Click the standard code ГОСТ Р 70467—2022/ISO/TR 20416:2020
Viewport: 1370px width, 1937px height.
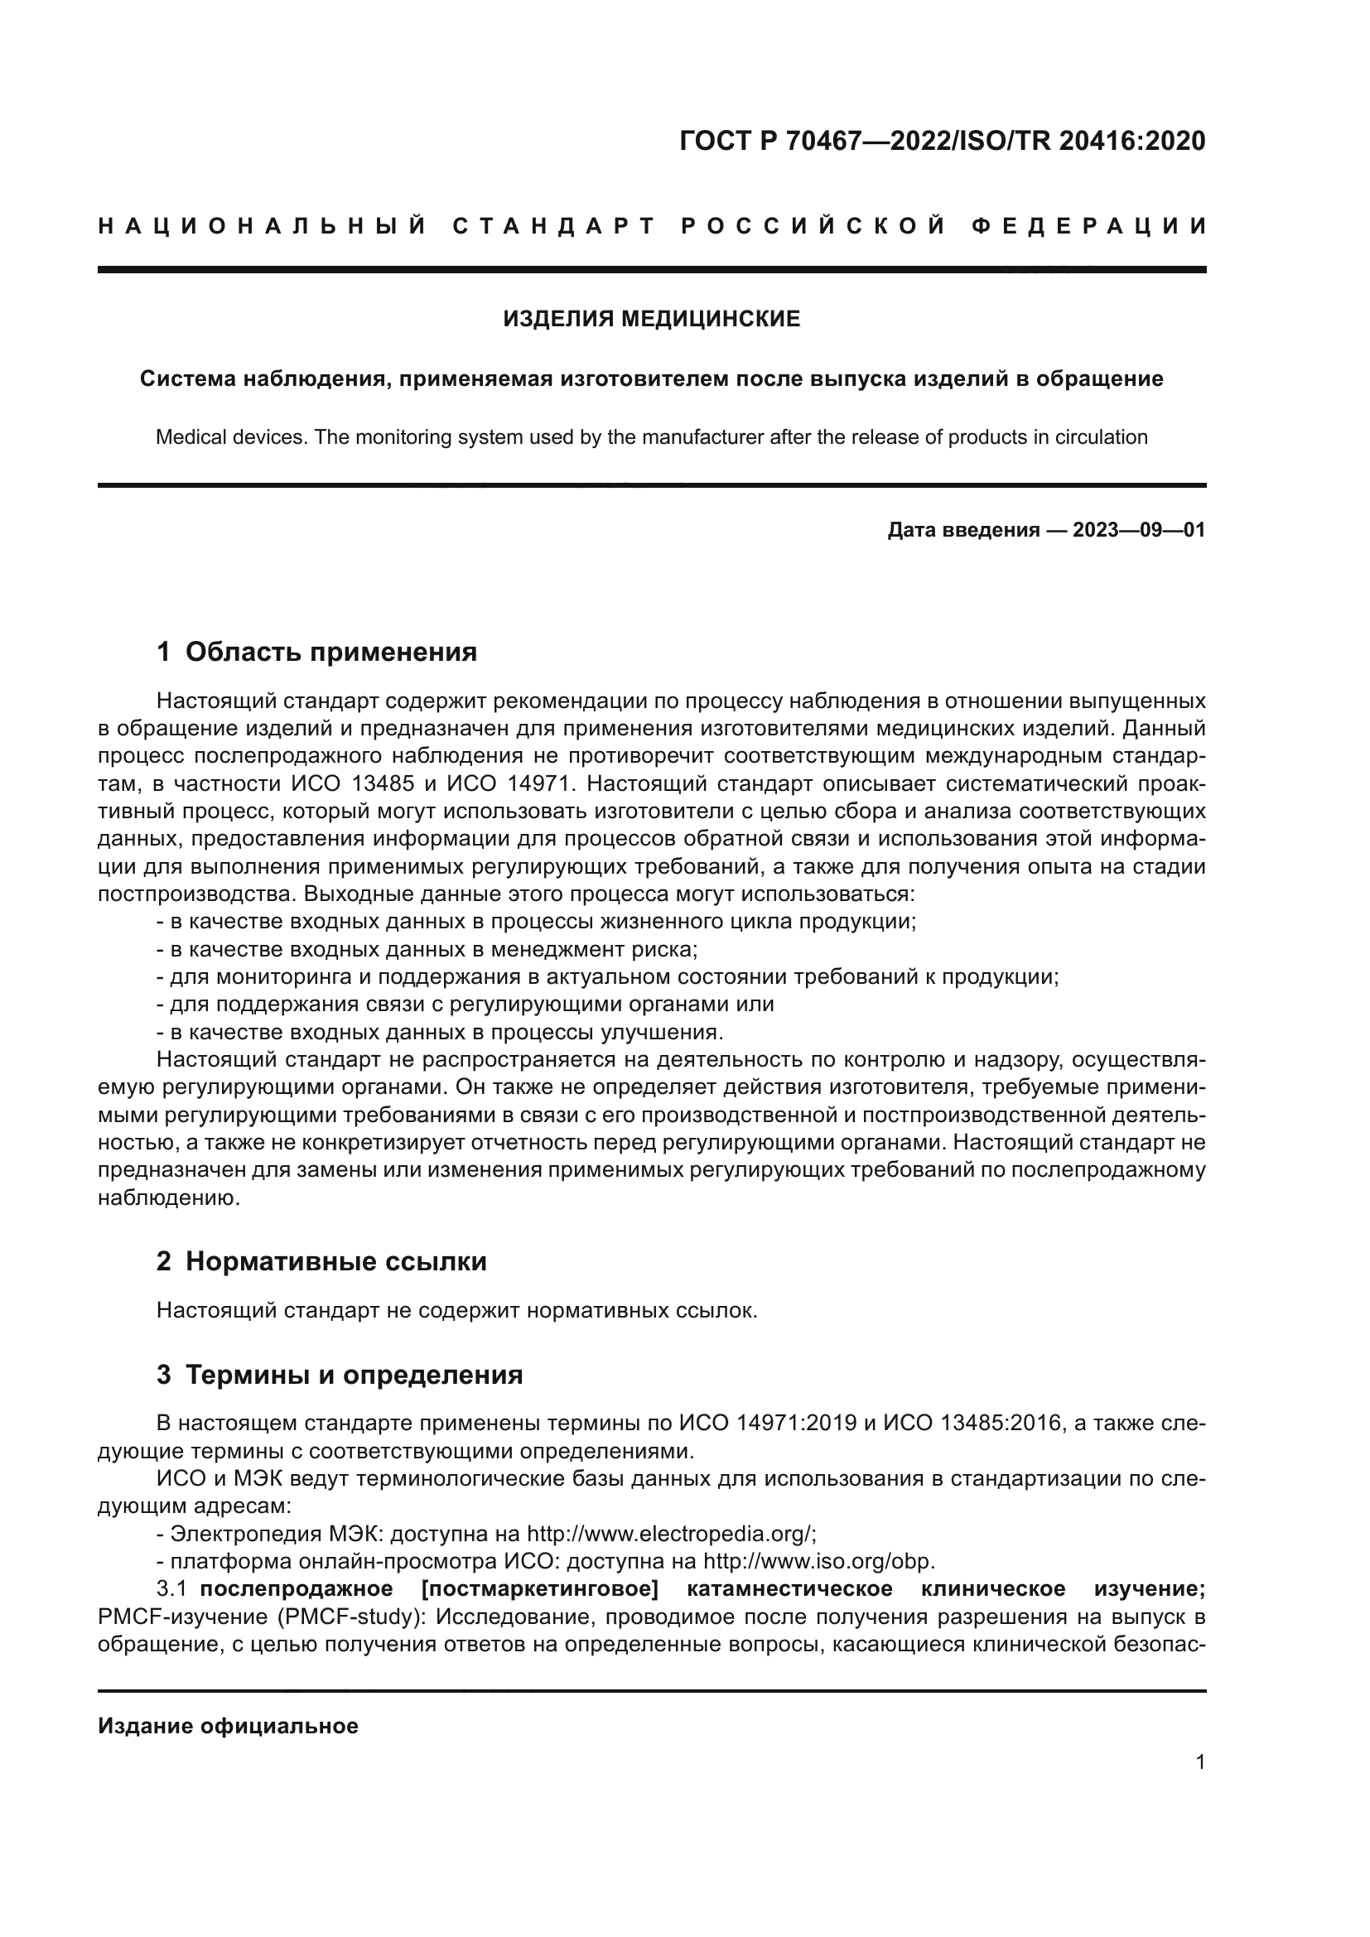coord(942,141)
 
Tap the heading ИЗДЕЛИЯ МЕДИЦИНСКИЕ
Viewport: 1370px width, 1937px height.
coord(651,319)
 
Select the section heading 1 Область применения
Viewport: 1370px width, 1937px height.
coord(317,651)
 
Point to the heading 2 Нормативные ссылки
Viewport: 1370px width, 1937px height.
coord(321,1261)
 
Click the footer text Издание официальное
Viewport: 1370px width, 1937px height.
coord(228,1726)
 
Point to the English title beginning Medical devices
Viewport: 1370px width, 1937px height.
coord(651,437)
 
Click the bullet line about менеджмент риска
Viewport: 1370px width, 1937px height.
coord(427,949)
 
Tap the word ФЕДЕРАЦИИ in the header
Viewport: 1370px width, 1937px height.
coord(1089,226)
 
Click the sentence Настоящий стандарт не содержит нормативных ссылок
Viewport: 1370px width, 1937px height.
coord(456,1310)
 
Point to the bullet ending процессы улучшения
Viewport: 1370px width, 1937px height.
coord(441,1032)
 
